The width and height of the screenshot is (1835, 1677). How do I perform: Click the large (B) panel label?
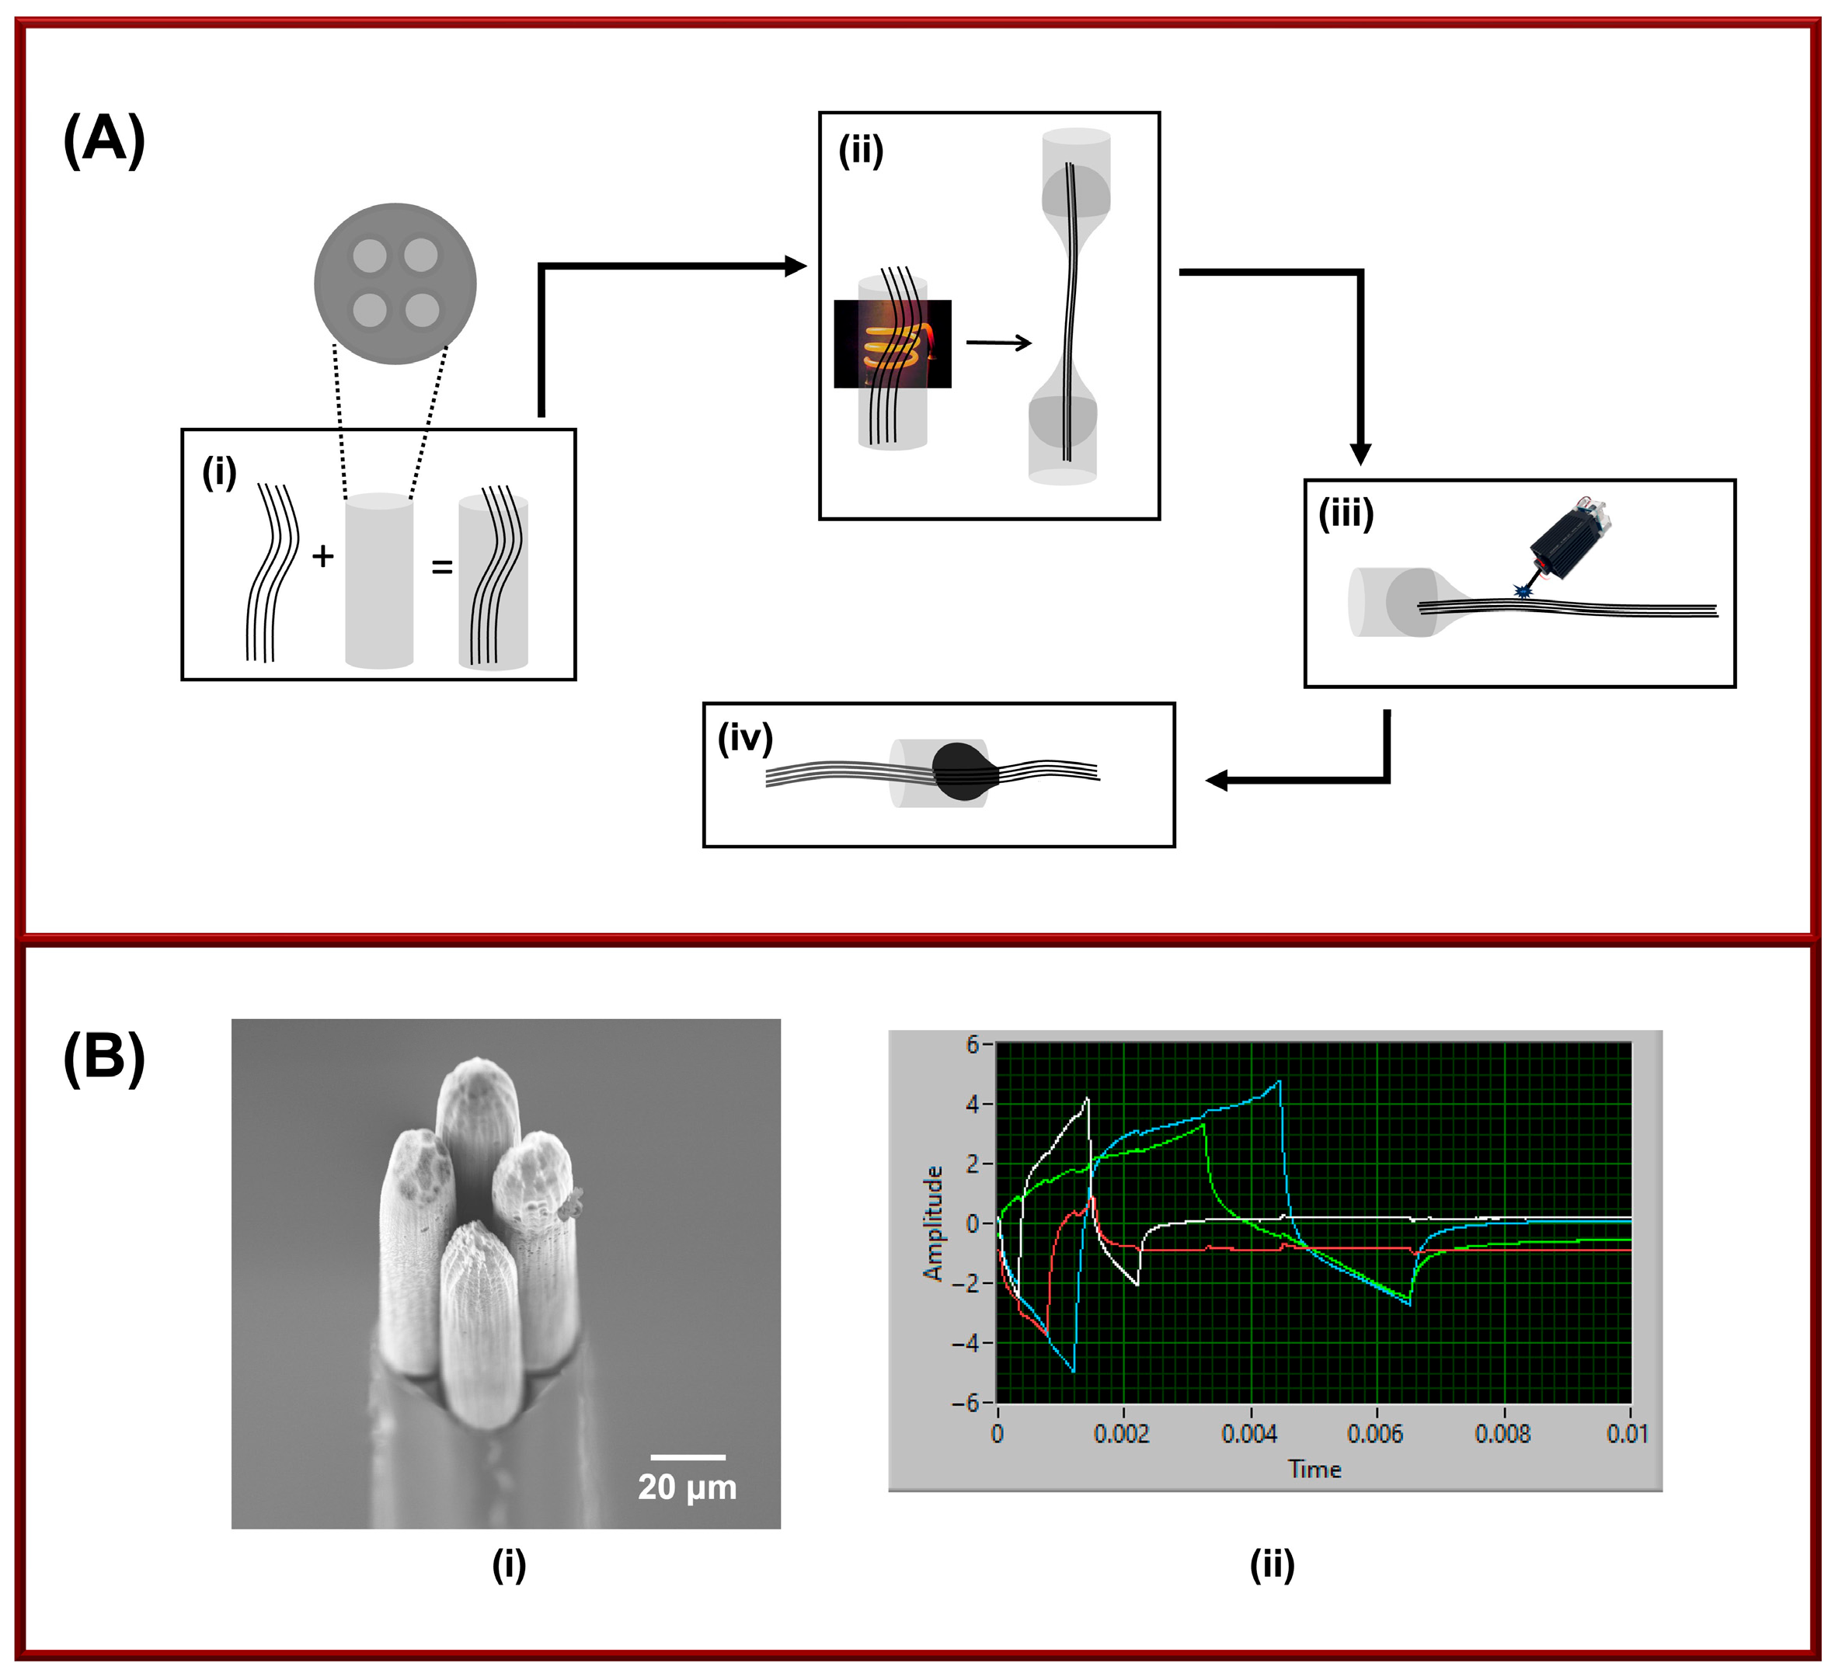point(104,1058)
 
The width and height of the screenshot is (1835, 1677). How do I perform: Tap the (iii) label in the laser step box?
point(1346,514)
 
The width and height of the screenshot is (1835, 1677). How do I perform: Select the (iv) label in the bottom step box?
point(744,738)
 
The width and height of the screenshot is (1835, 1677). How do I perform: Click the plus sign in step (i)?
point(322,556)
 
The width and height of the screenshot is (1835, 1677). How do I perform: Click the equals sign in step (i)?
point(441,567)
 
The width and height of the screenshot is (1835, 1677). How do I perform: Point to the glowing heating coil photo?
point(892,344)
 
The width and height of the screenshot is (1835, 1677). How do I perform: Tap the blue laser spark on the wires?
point(1523,593)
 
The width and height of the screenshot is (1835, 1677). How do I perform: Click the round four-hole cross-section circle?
point(395,283)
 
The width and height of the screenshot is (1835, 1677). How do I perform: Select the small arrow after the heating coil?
point(998,343)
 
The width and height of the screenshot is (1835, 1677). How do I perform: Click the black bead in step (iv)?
point(960,771)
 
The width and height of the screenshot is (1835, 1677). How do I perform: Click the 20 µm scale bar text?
point(688,1487)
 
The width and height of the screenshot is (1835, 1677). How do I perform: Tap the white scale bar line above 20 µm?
point(688,1457)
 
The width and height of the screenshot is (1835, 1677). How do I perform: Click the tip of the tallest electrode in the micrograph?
point(479,1065)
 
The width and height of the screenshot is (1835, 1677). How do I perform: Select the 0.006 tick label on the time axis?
point(1374,1434)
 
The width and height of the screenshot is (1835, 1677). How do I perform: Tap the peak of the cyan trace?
point(1279,1082)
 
